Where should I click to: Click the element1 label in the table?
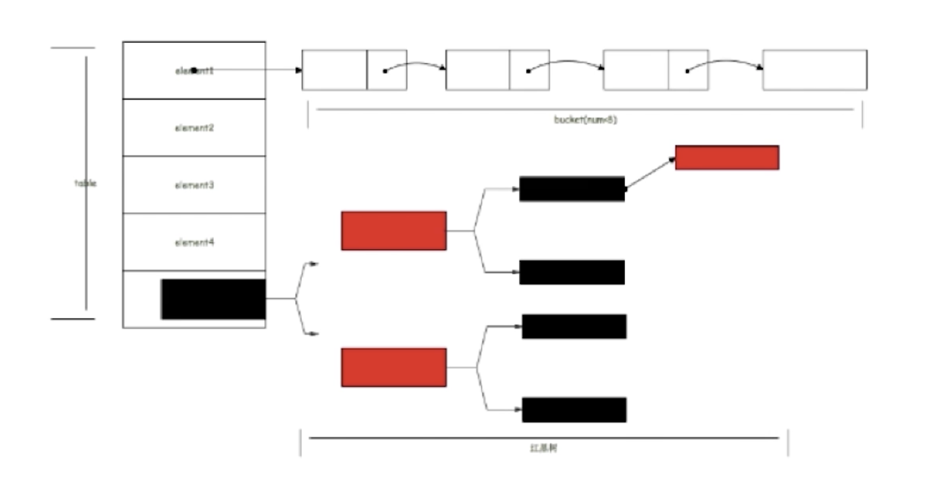pos(194,71)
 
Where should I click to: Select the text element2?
pos(194,128)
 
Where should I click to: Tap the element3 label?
pos(194,185)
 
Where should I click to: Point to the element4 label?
pos(194,243)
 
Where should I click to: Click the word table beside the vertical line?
pos(85,183)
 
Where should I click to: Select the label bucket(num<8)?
pos(585,119)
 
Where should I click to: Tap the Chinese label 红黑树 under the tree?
pos(544,448)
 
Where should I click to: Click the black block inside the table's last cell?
pos(214,299)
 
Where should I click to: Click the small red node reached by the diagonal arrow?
pos(727,157)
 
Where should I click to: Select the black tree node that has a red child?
pos(572,189)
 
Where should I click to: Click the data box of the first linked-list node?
pos(334,70)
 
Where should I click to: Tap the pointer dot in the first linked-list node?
pos(385,71)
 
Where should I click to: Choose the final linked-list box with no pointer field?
pos(815,70)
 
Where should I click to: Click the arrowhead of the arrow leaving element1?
pos(299,70)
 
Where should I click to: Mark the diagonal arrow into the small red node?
pos(650,173)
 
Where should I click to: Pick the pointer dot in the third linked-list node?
pos(687,71)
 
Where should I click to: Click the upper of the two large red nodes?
pos(394,231)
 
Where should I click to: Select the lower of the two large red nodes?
pos(394,368)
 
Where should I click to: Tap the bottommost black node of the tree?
pos(574,410)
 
